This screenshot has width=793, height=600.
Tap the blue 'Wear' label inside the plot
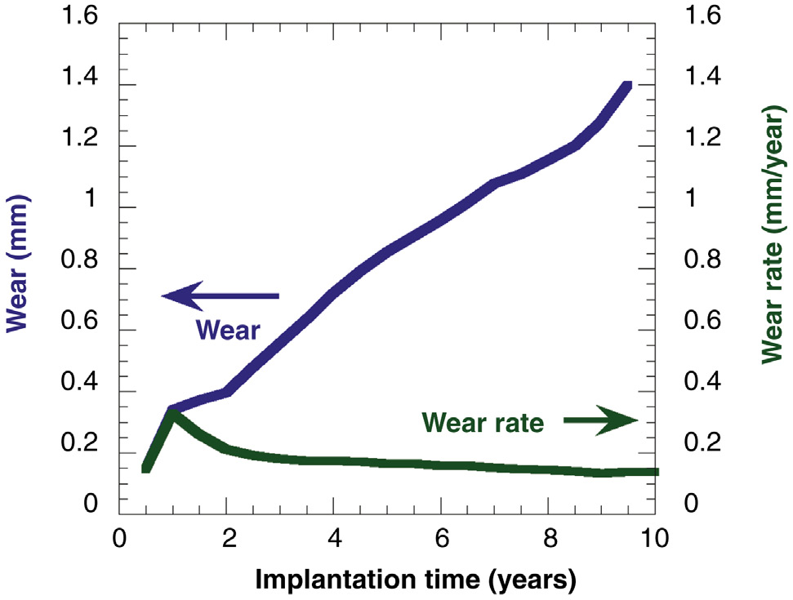(228, 330)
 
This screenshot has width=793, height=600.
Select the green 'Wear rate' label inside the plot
(483, 422)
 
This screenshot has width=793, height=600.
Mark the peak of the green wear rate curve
(173, 415)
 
